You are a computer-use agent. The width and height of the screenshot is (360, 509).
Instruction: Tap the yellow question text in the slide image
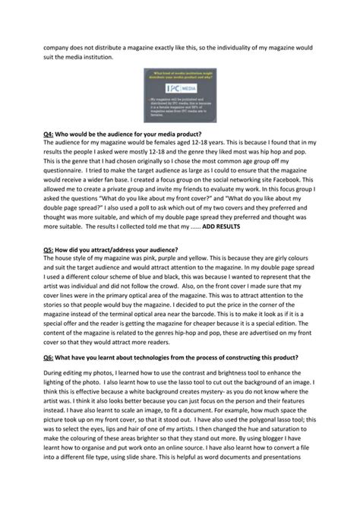point(179,74)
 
